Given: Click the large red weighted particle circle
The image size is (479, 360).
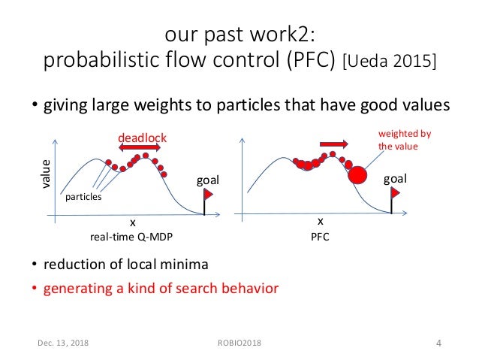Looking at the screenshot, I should coord(358,176).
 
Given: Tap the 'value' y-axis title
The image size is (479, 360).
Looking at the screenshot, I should coord(46,174).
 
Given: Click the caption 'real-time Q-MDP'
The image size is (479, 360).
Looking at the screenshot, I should coord(131,236).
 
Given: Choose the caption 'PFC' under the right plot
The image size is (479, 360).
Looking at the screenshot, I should coord(319,236).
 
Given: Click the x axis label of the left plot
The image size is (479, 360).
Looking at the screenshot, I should coord(132,223).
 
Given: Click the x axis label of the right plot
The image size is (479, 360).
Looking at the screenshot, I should coord(319,222).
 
